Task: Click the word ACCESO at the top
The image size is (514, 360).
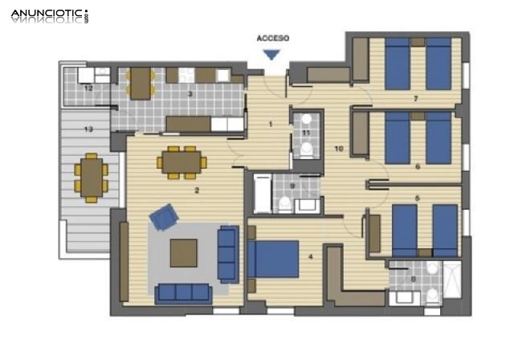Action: [272, 38]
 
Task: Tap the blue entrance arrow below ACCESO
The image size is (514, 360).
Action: [272, 54]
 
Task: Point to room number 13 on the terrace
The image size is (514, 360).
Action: [88, 129]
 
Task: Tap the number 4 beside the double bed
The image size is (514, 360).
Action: [310, 257]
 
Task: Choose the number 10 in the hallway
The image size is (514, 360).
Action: [339, 149]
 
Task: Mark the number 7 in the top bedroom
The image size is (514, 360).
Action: [415, 100]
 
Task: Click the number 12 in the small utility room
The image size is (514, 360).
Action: [88, 88]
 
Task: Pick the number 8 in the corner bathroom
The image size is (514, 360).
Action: [413, 280]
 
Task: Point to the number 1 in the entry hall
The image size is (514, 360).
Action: [271, 124]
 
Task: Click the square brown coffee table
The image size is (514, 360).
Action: [184, 253]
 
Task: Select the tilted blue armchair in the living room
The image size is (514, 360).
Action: [165, 217]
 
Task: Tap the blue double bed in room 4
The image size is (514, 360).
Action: [273, 260]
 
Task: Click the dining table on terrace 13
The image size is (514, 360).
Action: [91, 177]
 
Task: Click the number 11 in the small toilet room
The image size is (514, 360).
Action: [306, 132]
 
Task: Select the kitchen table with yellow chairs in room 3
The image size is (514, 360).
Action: [141, 82]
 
